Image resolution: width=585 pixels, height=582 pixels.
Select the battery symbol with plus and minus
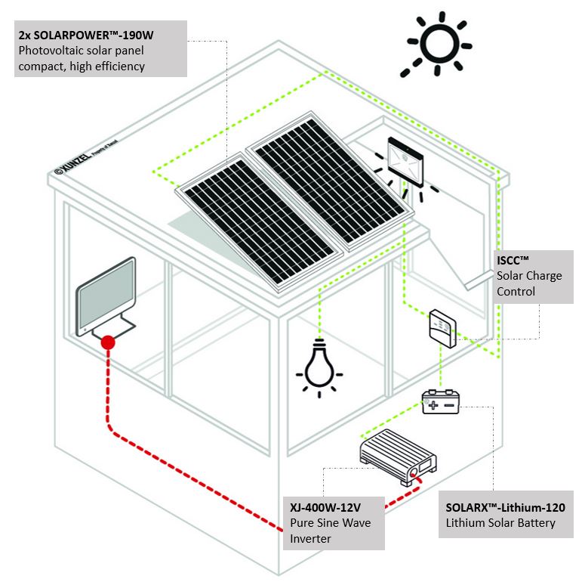point(441,401)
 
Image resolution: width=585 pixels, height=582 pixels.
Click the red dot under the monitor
point(107,342)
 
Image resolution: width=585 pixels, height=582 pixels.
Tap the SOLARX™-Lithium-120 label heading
point(505,507)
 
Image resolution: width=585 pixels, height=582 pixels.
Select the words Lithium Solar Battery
point(500,523)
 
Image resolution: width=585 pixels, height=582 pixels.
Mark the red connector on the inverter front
point(414,475)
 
